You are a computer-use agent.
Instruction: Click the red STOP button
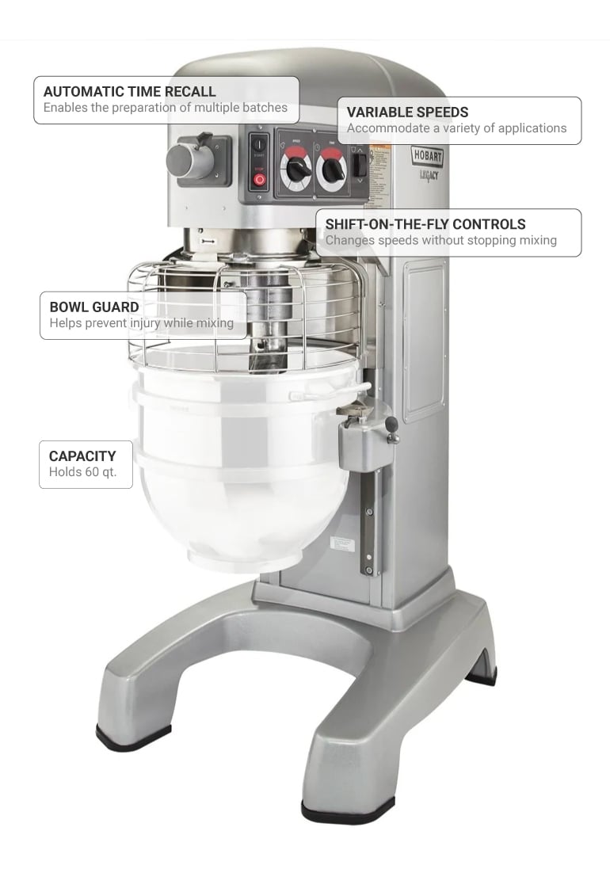pos(259,179)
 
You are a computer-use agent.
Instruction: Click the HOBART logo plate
pos(427,156)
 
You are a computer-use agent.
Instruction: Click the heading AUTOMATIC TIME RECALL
pos(129,91)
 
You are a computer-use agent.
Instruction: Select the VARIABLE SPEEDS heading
pos(407,112)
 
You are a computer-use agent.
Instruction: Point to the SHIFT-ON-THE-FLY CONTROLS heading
pos(425,224)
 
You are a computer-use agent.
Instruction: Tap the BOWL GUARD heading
pos(93,307)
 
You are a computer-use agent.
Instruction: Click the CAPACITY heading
pos(82,456)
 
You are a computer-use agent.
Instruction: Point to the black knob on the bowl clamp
pos(391,425)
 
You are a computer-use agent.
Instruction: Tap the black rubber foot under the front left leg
pos(132,734)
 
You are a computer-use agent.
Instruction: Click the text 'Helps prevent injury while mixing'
pos(141,323)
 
